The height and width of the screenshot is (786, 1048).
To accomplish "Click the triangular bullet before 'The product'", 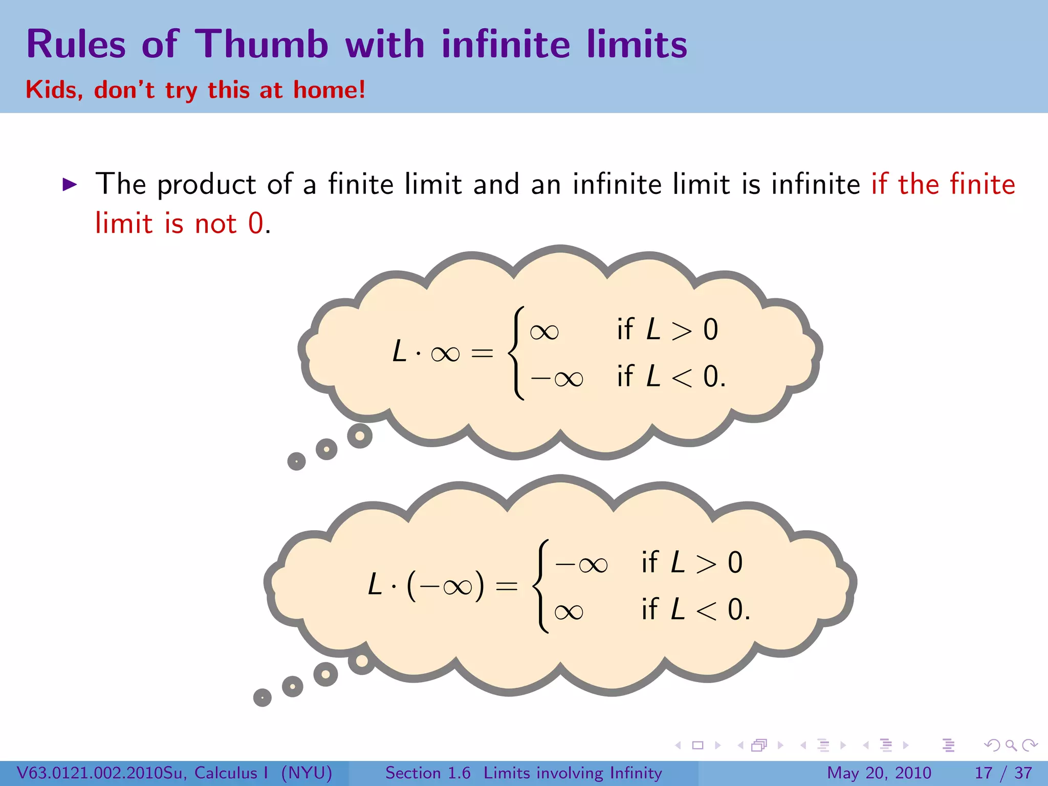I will point(70,184).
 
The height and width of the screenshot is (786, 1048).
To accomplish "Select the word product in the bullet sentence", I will point(206,185).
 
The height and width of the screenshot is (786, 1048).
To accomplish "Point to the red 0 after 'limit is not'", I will point(255,224).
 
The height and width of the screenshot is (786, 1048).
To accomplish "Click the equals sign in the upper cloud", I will point(482,353).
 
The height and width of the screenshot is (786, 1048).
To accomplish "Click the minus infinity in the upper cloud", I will point(557,379).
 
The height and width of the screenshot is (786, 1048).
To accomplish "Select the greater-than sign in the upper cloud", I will point(681,331).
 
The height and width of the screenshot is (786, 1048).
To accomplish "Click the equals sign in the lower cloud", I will point(507,586).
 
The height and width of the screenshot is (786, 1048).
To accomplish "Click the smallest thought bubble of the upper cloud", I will point(296,461).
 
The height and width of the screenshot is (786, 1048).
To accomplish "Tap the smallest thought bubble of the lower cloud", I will point(262,697).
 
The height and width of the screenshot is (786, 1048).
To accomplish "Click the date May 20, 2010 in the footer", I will point(879,773).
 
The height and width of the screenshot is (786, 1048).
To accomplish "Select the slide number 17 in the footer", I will point(984,773).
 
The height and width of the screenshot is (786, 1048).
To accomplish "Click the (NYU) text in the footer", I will point(307,773).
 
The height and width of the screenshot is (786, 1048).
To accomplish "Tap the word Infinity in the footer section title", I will point(635,773).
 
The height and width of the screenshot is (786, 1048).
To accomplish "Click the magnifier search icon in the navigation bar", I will point(1011,745).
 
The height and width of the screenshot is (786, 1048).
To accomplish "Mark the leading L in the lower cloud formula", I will point(375,584).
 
